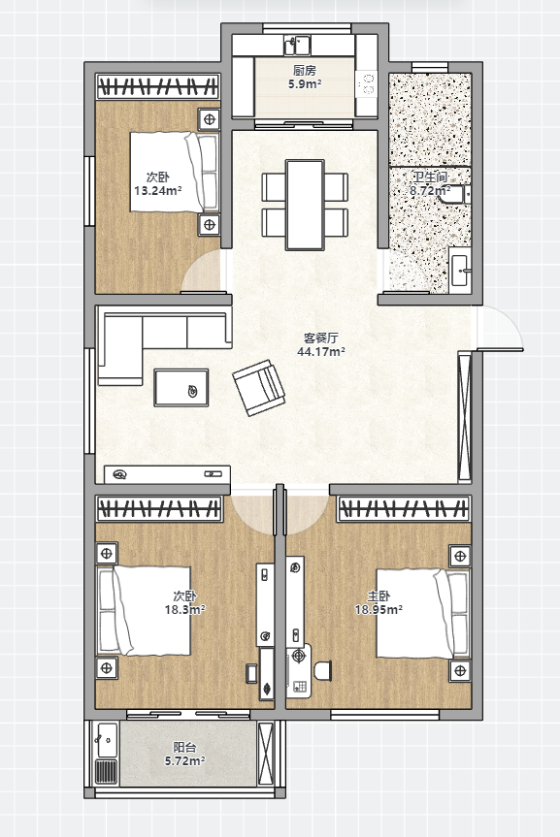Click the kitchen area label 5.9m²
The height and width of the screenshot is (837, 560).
point(305,77)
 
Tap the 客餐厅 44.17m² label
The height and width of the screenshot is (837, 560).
point(320,344)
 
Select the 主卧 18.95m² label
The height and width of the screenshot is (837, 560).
point(379,602)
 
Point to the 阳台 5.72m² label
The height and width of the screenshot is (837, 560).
point(184,754)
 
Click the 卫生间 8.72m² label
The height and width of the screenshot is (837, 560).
point(430,183)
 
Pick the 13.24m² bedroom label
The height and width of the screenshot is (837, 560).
point(157,183)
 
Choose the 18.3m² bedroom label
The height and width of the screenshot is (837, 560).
point(184,602)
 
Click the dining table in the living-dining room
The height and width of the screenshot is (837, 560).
point(305,205)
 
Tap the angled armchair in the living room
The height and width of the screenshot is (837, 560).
point(258,387)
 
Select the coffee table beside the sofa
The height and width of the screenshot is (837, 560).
point(181,388)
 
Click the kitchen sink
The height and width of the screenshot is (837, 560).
point(297,46)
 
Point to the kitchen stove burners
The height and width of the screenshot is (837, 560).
point(368,85)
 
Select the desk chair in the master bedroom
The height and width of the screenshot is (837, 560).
point(323,670)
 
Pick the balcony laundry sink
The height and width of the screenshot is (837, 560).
point(108,740)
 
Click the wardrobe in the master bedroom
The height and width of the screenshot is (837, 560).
point(404,508)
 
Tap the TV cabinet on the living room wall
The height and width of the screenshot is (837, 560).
point(167,474)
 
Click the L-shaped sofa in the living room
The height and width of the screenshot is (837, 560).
point(145,337)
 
